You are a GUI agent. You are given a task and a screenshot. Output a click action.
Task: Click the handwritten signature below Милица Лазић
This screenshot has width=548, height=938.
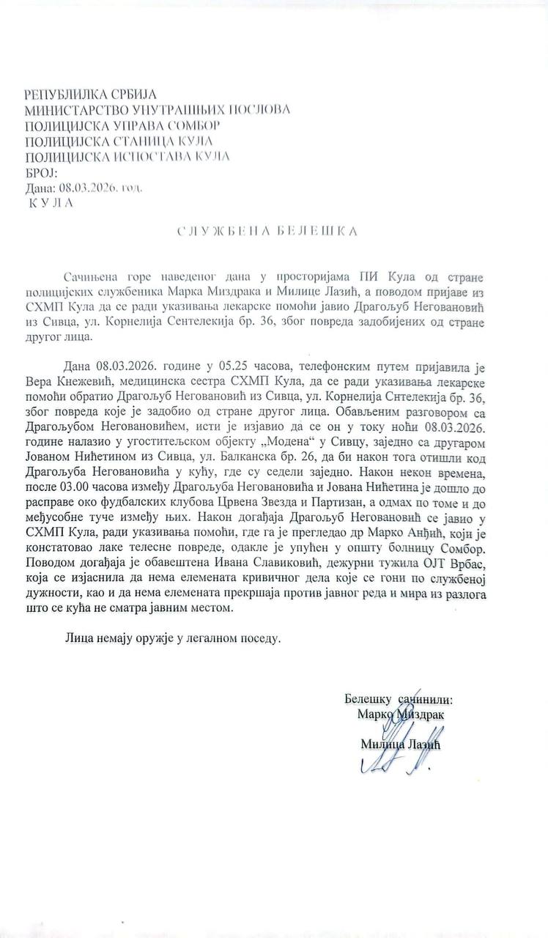pos(400,762)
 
